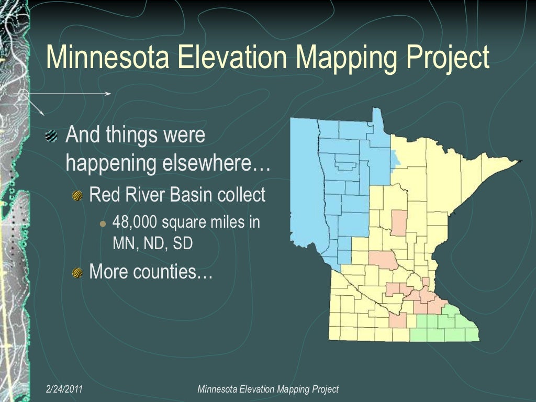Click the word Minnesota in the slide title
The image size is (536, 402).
pyautogui.click(x=107, y=57)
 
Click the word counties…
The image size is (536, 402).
pyautogui.click(x=180, y=272)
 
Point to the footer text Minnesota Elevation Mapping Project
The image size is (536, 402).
pyautogui.click(x=268, y=389)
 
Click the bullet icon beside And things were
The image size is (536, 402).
pyautogui.click(x=51, y=136)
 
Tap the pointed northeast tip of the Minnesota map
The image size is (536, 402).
pyautogui.click(x=520, y=161)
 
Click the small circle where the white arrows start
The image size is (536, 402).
pyautogui.click(x=23, y=95)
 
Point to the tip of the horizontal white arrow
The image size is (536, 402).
pyautogui.click(x=110, y=94)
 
